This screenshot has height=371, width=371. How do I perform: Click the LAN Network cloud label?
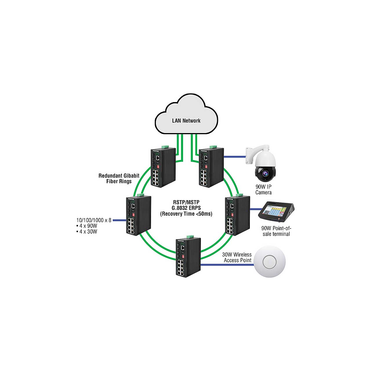[186, 121]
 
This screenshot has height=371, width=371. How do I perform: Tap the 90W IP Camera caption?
[263, 190]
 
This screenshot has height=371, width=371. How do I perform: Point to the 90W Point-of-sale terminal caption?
[276, 231]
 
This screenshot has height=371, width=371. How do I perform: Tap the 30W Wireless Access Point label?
[237, 257]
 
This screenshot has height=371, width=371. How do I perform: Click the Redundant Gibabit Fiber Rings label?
[119, 179]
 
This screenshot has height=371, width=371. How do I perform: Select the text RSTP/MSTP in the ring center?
[186, 202]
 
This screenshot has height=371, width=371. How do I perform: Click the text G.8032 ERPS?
[186, 208]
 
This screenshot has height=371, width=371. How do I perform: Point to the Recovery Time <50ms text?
[186, 214]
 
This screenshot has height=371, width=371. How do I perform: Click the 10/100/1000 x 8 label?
[94, 220]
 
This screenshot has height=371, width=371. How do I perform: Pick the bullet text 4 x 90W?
[88, 226]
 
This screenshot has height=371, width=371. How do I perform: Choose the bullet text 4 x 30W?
[88, 232]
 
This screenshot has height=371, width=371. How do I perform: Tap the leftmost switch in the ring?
[138, 215]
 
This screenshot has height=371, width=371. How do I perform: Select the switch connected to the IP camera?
[211, 167]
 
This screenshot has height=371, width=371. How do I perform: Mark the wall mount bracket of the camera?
[250, 155]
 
